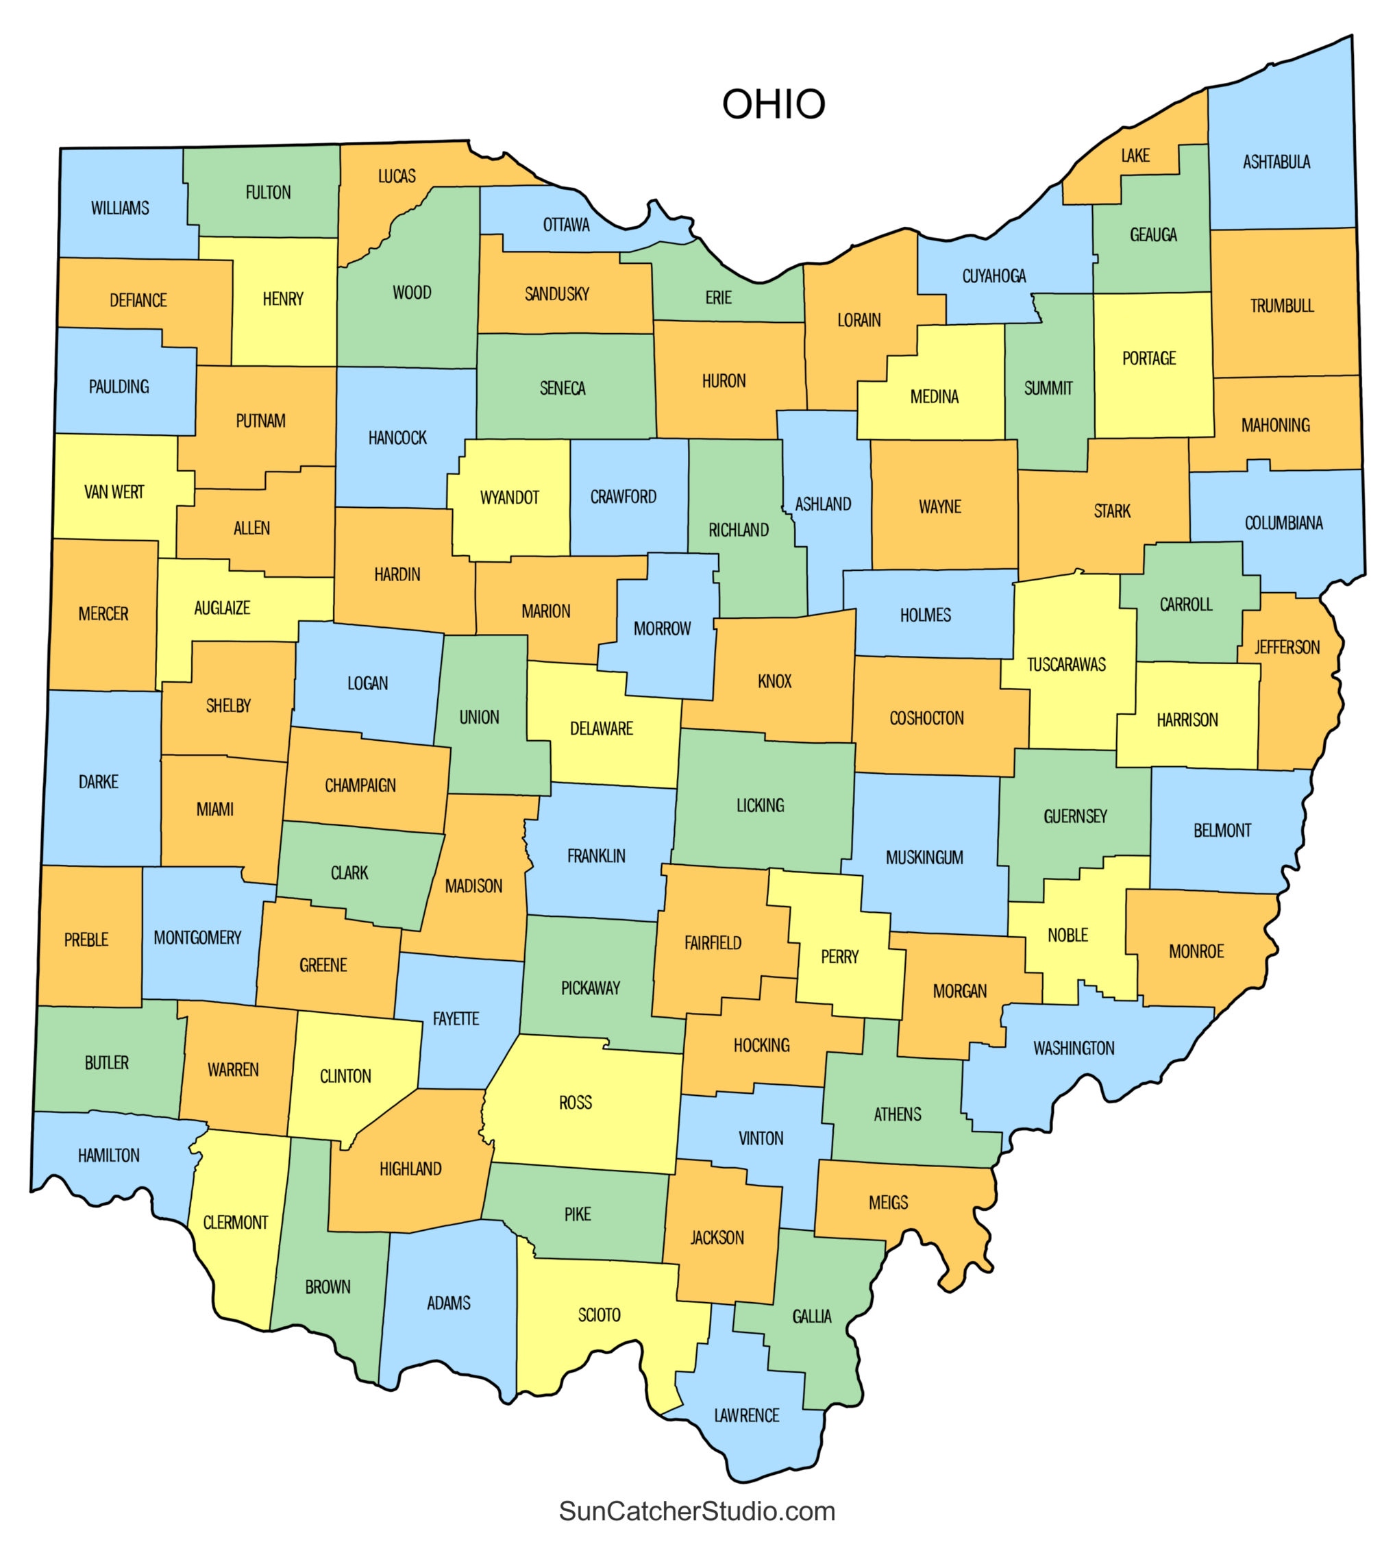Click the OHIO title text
[x=774, y=104]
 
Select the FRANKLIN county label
[x=596, y=856]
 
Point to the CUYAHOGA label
[x=993, y=276]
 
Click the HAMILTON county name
[x=109, y=1155]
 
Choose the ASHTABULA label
[x=1276, y=162]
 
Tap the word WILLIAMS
[x=120, y=208]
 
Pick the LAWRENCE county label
[x=746, y=1415]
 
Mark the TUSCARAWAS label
[x=1066, y=665]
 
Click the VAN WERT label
[x=114, y=492]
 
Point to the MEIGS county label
[x=888, y=1202]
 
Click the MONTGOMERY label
[x=197, y=938]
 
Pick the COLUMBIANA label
[x=1283, y=523]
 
